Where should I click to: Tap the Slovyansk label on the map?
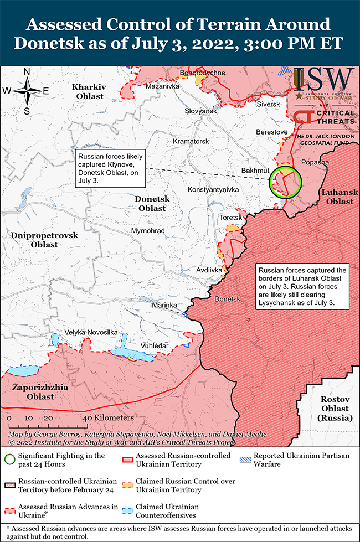pos(200,111)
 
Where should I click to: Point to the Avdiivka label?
pos(209,270)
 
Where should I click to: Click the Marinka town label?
pos(164,305)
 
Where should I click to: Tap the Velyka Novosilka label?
pos(91,332)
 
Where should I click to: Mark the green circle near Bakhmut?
pos(284,182)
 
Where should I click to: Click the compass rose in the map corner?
pos(27,91)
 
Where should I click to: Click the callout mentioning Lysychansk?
pos(302,286)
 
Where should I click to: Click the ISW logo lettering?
pos(324,79)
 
